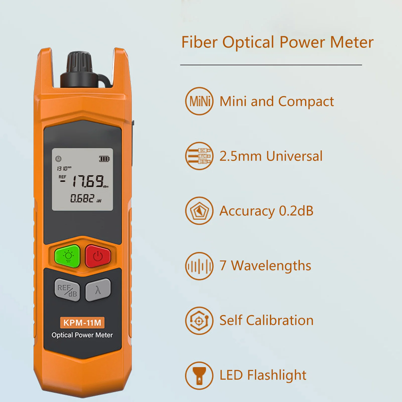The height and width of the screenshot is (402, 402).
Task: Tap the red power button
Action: coord(98,256)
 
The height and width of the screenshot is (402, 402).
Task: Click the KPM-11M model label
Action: coord(82,323)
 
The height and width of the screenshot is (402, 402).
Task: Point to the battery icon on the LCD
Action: coord(104,159)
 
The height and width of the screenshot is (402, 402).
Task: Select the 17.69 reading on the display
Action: coord(88,181)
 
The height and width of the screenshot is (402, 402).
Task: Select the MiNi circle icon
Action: coord(199,101)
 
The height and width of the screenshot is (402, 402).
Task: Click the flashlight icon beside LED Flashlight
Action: coord(199,376)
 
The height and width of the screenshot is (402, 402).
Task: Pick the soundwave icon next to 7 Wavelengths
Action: coord(199,266)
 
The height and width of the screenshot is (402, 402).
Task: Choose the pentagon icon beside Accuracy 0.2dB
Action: coord(199,211)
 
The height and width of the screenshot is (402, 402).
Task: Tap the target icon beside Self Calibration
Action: coord(199,321)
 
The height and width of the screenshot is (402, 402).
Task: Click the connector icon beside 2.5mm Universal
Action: coord(199,156)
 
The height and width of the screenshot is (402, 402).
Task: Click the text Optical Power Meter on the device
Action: coord(82,335)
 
